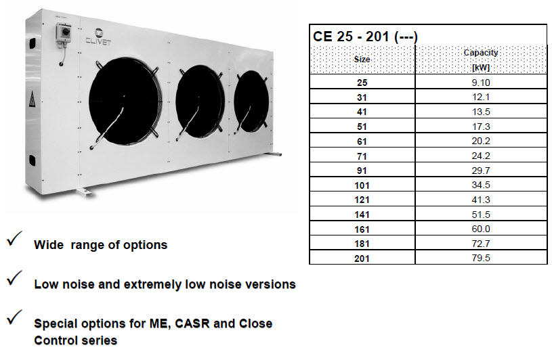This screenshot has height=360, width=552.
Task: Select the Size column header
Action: (362, 59)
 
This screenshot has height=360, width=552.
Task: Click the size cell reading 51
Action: (362, 126)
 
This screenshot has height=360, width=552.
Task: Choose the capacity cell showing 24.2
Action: (481, 155)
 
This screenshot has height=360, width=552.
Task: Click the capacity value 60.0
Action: (481, 228)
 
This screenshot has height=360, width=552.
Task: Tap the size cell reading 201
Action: (362, 257)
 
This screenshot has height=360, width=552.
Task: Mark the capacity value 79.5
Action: (481, 257)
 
